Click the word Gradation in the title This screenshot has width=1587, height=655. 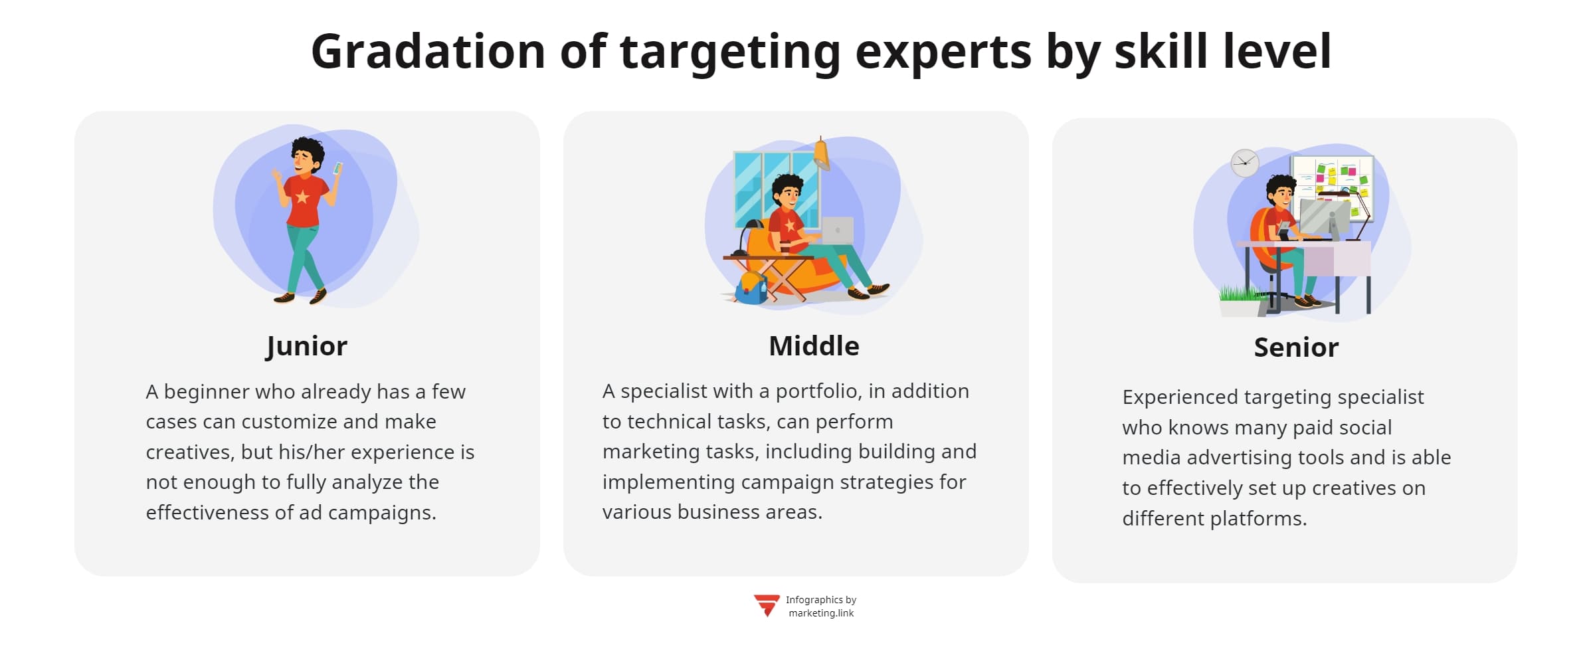(428, 52)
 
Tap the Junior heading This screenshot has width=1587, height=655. (306, 346)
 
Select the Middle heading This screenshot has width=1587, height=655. (814, 346)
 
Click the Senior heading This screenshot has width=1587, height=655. (1296, 347)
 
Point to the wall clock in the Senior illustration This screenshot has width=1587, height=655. (1244, 163)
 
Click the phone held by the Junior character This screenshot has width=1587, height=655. (337, 168)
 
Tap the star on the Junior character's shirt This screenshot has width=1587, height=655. (303, 197)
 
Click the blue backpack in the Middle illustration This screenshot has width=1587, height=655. (751, 288)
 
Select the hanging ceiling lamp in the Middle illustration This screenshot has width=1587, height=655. (822, 154)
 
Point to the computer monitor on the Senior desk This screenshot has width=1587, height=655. (1323, 217)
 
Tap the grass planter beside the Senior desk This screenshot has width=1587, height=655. (1240, 302)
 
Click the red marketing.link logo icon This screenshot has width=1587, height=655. (766, 605)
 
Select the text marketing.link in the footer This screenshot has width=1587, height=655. (821, 613)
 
